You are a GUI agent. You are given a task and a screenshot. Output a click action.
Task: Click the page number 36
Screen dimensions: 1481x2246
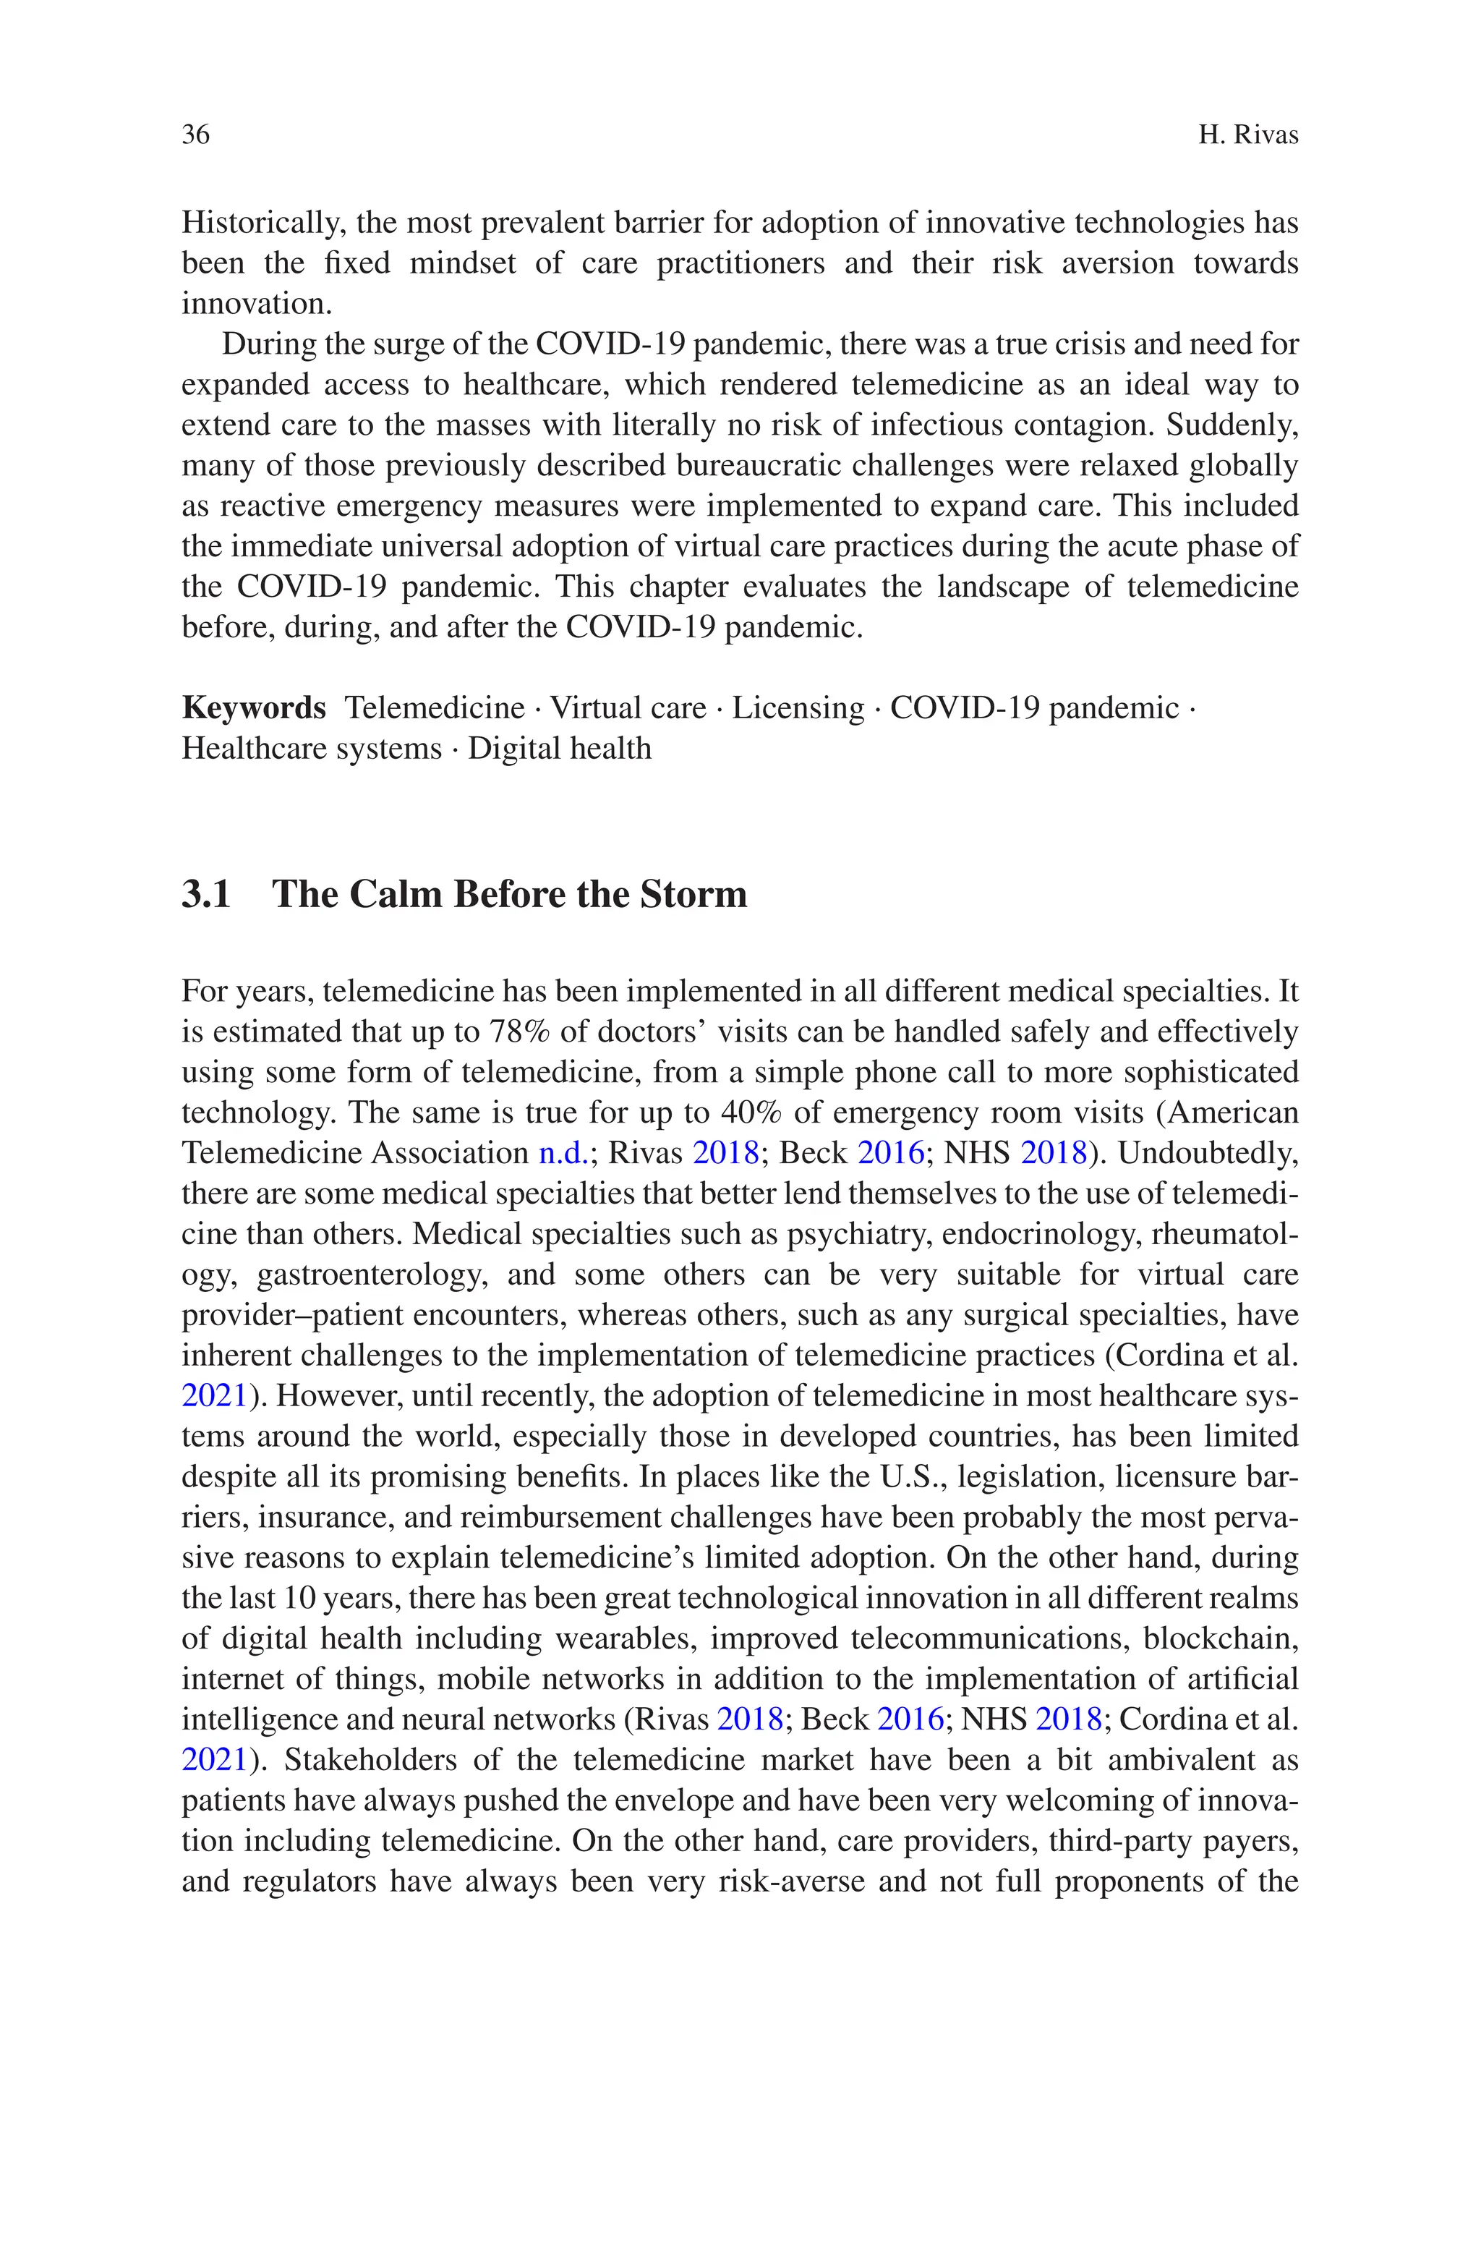(x=195, y=135)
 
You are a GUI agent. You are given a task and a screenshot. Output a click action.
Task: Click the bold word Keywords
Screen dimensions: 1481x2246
(x=253, y=707)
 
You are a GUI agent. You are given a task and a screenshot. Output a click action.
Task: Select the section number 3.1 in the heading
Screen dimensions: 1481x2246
(x=206, y=893)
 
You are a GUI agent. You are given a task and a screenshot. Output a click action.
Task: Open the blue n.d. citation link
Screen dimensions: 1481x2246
(x=563, y=1153)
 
